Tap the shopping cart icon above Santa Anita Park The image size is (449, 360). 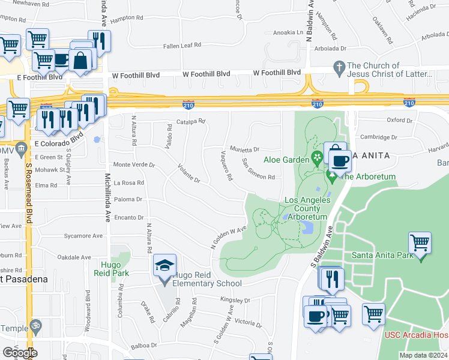[420, 243]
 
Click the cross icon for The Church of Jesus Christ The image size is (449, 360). [339, 66]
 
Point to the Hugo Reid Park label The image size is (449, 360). [112, 268]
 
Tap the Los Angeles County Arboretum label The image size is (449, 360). [306, 208]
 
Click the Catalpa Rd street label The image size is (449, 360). [191, 121]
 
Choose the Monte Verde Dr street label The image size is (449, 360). [134, 164]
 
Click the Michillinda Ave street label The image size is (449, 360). [107, 197]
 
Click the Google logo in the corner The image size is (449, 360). [19, 353]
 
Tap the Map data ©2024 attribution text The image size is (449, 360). [423, 355]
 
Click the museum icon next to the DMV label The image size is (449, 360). [21, 147]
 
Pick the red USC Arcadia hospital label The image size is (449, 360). [416, 334]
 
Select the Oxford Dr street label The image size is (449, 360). [400, 120]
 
